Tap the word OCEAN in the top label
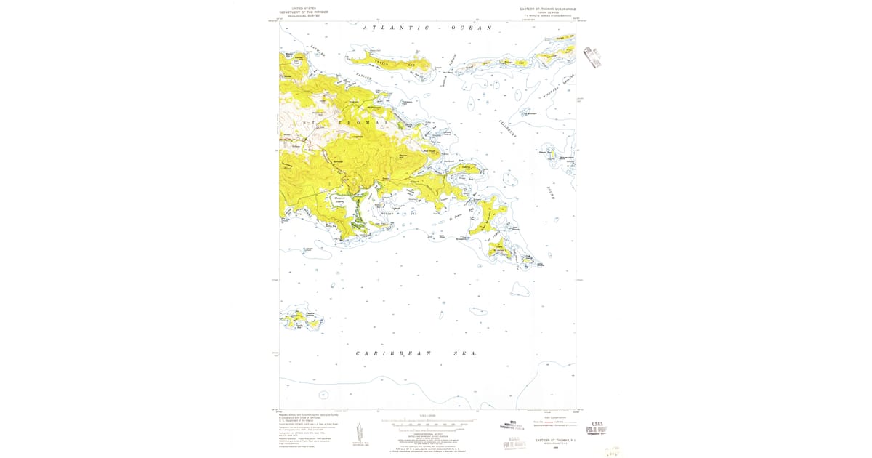click(471, 28)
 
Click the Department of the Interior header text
click(304, 12)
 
